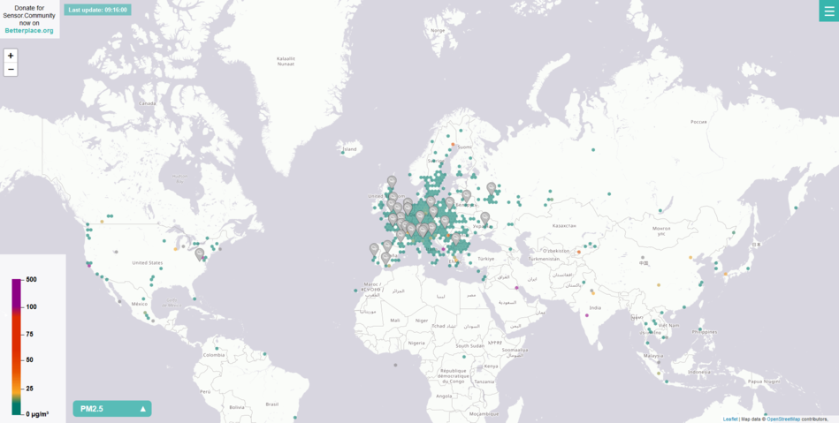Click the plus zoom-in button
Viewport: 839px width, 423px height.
[11, 55]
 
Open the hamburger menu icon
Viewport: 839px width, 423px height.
[828, 11]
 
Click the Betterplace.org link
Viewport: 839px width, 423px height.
[29, 31]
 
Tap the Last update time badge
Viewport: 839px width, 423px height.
[97, 10]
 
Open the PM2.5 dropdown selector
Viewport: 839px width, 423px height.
[112, 409]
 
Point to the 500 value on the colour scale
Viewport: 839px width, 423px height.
[31, 279]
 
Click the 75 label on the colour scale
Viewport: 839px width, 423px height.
[29, 334]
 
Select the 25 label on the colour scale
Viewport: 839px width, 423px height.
[29, 389]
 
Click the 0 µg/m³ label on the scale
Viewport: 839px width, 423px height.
[36, 413]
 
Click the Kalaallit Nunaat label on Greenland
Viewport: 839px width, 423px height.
[285, 61]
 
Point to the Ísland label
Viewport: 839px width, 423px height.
[350, 149]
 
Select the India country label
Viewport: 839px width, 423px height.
[596, 307]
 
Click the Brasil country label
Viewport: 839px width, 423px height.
[272, 404]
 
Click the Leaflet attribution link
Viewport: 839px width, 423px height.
[729, 419]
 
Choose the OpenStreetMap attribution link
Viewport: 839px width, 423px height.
[783, 419]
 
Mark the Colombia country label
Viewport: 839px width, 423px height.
[215, 355]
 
